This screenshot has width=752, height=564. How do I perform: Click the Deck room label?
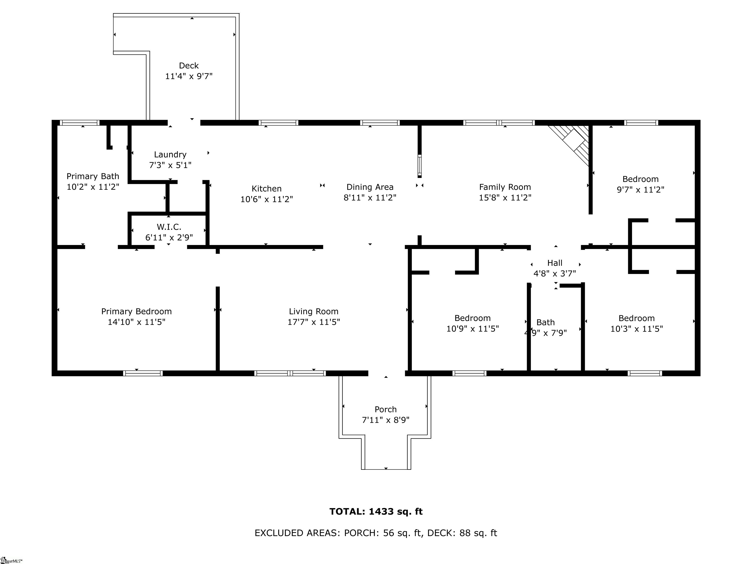pyautogui.click(x=189, y=66)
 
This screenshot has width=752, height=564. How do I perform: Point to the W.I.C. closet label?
pyautogui.click(x=169, y=227)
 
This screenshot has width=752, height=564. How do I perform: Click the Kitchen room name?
pyautogui.click(x=267, y=189)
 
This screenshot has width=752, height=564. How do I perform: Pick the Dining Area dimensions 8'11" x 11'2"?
pyautogui.click(x=370, y=198)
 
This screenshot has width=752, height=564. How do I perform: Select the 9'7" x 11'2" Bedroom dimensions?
pyautogui.click(x=640, y=190)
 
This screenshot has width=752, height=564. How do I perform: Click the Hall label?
pyautogui.click(x=555, y=263)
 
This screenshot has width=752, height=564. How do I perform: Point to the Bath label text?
pyautogui.click(x=546, y=322)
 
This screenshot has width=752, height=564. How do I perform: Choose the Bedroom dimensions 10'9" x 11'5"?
pyautogui.click(x=472, y=329)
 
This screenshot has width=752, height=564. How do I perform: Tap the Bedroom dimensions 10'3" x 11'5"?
pyautogui.click(x=637, y=329)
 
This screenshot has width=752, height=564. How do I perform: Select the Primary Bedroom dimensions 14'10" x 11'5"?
pyautogui.click(x=136, y=322)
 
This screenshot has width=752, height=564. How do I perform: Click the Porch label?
pyautogui.click(x=386, y=409)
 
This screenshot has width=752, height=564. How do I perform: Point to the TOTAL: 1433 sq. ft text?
pyautogui.click(x=376, y=512)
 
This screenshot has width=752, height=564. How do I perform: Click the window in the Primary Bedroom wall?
pyautogui.click(x=143, y=373)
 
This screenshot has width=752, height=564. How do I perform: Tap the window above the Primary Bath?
pyautogui.click(x=80, y=123)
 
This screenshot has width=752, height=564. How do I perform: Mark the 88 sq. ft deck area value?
pyautogui.click(x=478, y=533)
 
